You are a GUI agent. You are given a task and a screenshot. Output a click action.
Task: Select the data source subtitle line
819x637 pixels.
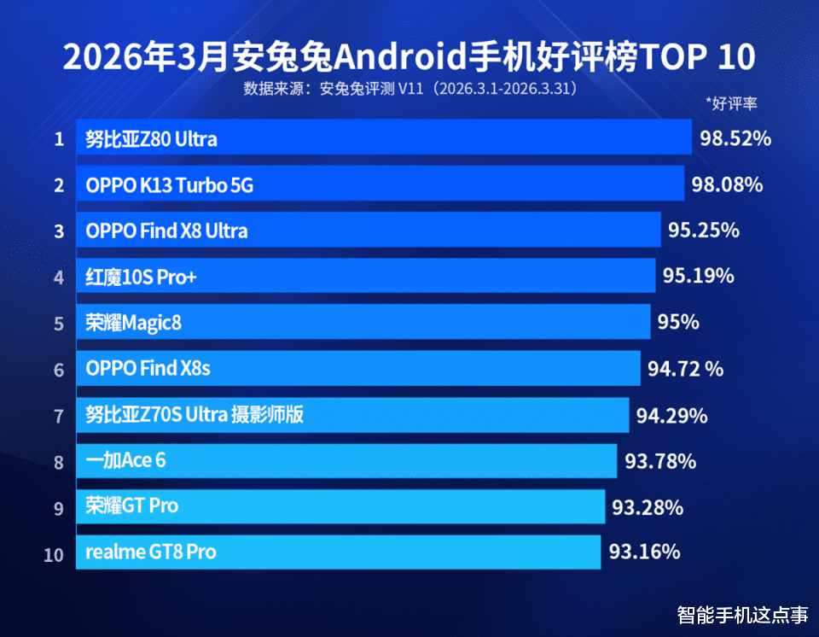[410, 89]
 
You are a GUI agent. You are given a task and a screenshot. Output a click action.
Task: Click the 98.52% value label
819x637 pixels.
[735, 137]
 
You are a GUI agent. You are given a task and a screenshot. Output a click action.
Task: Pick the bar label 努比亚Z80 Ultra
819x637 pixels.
[151, 138]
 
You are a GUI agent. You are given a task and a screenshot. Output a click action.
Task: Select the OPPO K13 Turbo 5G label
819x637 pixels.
[170, 184]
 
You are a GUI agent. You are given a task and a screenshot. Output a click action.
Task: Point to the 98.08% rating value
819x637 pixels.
[726, 184]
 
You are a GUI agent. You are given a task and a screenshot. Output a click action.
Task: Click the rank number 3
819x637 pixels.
[59, 231]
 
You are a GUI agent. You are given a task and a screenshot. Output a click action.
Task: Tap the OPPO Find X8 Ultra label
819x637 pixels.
[167, 231]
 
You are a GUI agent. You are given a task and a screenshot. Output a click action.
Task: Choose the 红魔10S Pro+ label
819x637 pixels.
[141, 277]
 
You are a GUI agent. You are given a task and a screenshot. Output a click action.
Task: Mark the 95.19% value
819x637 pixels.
[698, 276]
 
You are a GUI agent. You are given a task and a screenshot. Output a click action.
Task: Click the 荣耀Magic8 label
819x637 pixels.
[134, 323]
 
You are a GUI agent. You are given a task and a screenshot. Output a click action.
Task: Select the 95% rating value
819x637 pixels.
[678, 322]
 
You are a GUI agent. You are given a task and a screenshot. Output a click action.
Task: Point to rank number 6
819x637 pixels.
[59, 370]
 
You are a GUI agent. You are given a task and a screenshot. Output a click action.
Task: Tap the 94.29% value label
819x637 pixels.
[671, 416]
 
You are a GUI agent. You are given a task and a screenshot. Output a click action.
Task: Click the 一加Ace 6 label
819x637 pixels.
[125, 461]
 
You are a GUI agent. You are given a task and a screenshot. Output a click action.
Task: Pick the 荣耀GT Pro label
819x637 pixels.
[132, 506]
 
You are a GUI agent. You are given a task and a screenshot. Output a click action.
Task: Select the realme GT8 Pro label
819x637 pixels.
[151, 552]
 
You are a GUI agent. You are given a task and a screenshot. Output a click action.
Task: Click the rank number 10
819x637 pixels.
[54, 554]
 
